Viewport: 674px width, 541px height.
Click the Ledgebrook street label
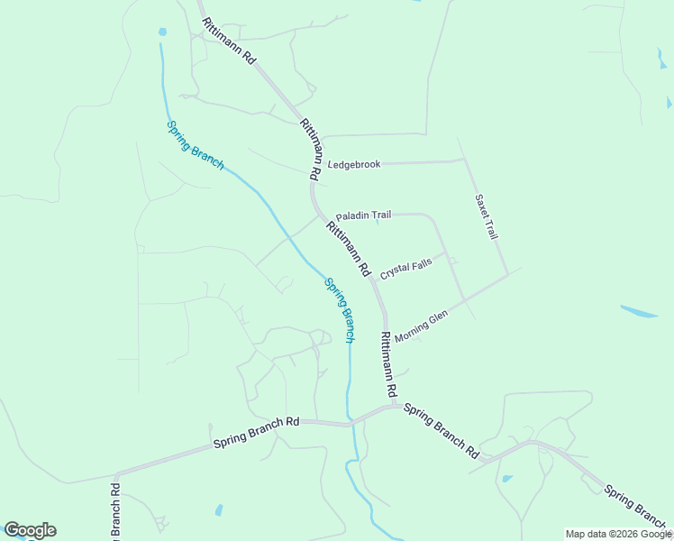click(x=354, y=164)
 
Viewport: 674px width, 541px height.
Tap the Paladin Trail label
click(x=363, y=216)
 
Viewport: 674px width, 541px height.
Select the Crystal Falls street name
click(x=405, y=269)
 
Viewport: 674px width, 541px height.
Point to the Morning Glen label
click(x=421, y=326)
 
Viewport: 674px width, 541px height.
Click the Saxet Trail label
click(x=487, y=216)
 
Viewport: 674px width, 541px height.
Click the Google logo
click(x=30, y=530)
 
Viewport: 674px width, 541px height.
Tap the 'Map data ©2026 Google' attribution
click(x=618, y=534)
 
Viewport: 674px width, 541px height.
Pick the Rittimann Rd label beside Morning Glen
click(x=388, y=365)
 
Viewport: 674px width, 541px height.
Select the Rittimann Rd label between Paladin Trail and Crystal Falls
click(x=349, y=249)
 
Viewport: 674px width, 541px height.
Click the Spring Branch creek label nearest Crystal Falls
click(x=340, y=309)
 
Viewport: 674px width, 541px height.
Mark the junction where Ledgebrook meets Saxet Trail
click(x=463, y=160)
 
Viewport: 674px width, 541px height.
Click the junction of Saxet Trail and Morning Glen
click(x=507, y=272)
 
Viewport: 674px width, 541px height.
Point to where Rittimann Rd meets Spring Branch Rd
click(x=389, y=406)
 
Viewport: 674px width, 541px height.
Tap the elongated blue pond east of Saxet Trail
click(x=638, y=311)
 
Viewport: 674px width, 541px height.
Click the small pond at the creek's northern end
click(x=162, y=32)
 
